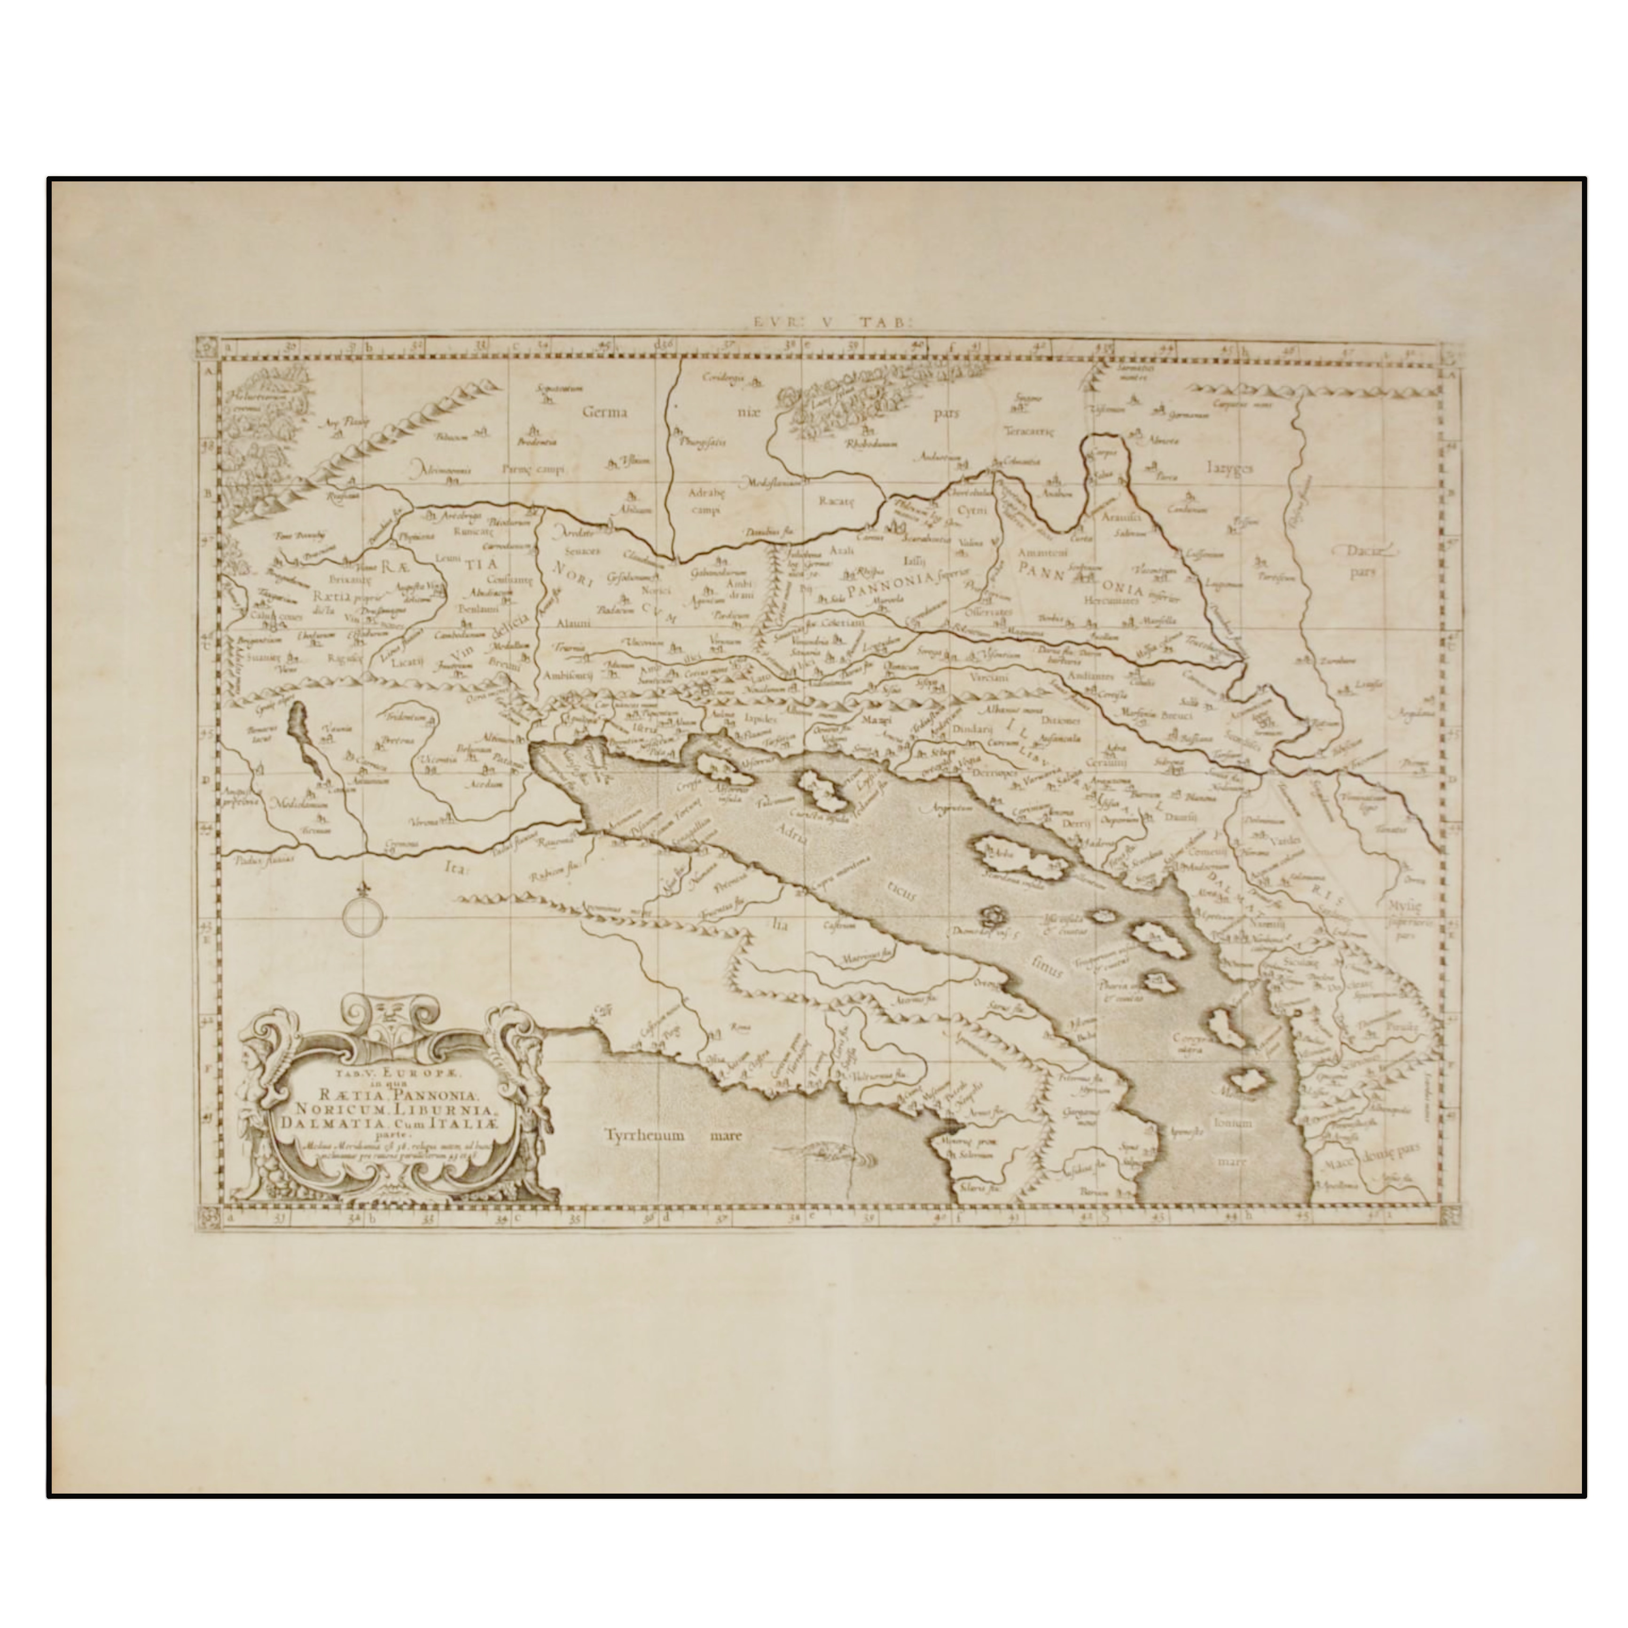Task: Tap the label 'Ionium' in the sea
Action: (x=1235, y=1123)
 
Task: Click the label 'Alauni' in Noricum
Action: (x=573, y=624)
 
